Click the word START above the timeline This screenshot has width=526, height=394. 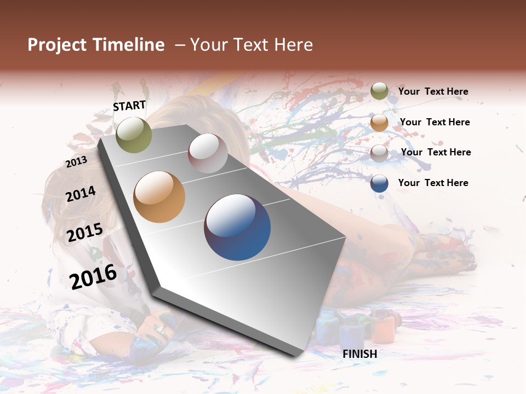(x=129, y=106)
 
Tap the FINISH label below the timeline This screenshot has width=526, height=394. (x=359, y=354)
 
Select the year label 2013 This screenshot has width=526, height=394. (x=76, y=162)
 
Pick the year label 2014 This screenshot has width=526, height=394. (x=81, y=194)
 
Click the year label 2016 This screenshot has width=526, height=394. (x=93, y=276)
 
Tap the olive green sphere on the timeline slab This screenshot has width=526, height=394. (x=134, y=135)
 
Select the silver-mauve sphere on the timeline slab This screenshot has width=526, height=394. (x=208, y=153)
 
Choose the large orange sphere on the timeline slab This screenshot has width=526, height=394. (x=159, y=197)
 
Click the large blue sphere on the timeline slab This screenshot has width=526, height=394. (x=237, y=227)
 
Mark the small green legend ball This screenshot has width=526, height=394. (x=379, y=91)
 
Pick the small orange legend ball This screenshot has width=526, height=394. (x=379, y=123)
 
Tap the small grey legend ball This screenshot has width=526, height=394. (x=379, y=153)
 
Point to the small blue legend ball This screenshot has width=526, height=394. (x=379, y=183)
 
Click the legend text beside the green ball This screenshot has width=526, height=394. (x=433, y=92)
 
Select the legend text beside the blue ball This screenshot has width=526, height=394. (x=433, y=183)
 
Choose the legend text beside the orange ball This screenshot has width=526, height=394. (x=434, y=122)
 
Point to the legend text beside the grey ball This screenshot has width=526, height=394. (x=436, y=152)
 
